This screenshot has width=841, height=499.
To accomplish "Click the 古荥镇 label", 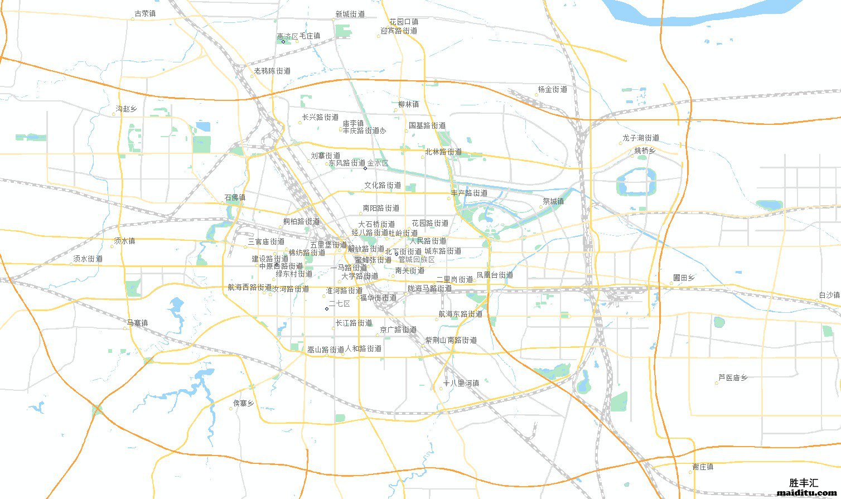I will point(146,14).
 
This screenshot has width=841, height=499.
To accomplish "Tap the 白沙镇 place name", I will point(829,295).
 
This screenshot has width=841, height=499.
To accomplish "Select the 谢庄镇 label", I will point(703,467).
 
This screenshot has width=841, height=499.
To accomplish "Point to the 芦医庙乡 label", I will point(733,377).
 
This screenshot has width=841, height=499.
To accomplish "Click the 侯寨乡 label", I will point(244,403).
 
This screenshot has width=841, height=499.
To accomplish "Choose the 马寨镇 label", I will point(137,323).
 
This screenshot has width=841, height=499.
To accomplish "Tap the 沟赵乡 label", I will point(126,109).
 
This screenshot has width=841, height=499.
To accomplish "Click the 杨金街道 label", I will point(553,89).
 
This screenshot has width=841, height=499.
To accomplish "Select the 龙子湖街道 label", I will point(641,138).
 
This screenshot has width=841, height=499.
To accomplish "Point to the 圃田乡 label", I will point(684,278).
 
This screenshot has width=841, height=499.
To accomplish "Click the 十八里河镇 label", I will point(461,383).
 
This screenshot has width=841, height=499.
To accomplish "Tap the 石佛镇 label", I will point(235,197).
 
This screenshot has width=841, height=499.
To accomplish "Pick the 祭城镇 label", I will point(553,201).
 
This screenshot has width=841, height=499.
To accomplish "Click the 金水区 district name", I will point(378,163).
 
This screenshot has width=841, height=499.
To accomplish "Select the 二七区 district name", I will point(339,304).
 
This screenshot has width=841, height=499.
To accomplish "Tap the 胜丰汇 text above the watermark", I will point(804,483).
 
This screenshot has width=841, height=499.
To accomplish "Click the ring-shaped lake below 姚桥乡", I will point(636,182).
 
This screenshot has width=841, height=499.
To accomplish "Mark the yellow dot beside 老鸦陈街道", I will point(252,76).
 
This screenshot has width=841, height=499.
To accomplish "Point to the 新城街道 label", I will point(350,14).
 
